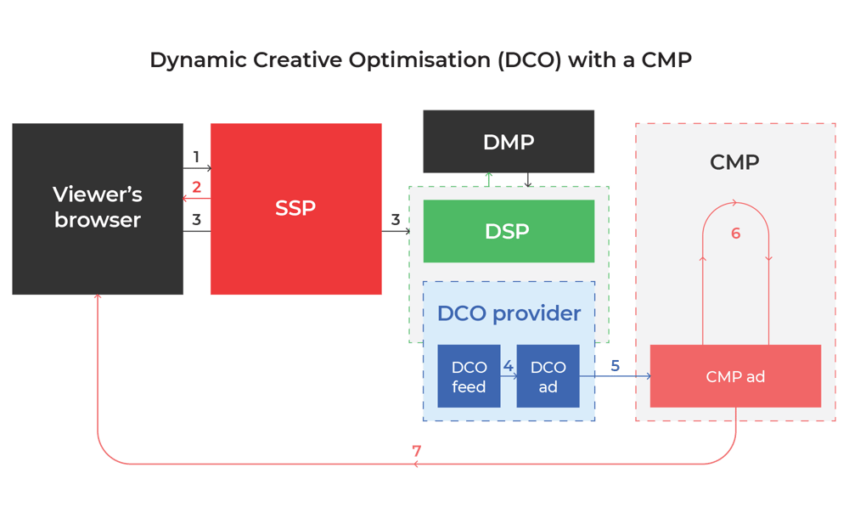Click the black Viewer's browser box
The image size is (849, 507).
98,208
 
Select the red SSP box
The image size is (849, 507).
295,208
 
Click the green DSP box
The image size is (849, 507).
509,231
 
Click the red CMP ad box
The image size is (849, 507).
735,376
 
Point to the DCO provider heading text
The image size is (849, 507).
509,313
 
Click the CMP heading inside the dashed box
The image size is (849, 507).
734,162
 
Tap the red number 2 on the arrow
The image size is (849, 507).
196,188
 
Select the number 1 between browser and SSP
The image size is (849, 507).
196,157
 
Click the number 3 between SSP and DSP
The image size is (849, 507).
396,220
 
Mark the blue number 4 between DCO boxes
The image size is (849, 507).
508,366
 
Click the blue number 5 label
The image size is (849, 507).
616,366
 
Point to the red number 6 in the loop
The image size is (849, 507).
735,234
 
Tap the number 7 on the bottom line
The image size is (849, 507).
417,452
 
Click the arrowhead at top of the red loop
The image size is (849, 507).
736,203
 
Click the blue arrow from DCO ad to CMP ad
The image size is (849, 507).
628,376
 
